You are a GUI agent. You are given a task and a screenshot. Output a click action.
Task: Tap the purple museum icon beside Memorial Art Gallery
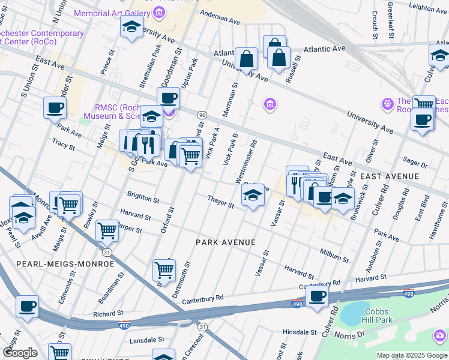point(158,12)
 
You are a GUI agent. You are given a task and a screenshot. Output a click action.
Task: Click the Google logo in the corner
point(20,353)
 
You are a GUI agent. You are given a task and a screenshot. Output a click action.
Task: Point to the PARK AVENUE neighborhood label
point(226,242)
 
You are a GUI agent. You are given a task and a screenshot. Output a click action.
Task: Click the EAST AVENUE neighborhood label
point(390,176)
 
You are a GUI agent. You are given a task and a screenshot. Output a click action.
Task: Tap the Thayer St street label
point(221,201)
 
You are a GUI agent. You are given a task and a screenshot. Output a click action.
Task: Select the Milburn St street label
point(334,256)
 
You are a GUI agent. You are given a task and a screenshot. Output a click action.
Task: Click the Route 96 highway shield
point(202,115)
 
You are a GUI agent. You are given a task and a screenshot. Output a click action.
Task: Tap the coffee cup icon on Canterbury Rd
point(317,295)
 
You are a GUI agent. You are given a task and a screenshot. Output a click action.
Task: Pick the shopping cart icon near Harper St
point(107,230)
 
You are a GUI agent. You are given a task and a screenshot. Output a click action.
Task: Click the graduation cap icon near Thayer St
point(253,195)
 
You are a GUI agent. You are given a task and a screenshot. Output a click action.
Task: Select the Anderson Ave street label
point(220,14)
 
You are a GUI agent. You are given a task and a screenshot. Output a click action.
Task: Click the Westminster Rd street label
point(247,163)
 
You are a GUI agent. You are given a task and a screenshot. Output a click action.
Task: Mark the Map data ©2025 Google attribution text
point(411,355)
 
